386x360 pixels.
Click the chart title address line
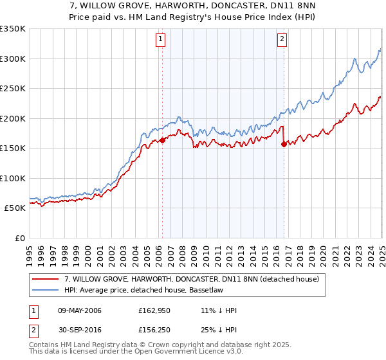[192, 6]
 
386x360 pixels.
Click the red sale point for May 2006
[162, 140]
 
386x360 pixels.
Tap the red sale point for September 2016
[284, 145]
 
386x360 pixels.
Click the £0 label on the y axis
[19, 238]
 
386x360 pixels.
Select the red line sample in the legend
[46, 280]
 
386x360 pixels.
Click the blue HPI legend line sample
[46, 291]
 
